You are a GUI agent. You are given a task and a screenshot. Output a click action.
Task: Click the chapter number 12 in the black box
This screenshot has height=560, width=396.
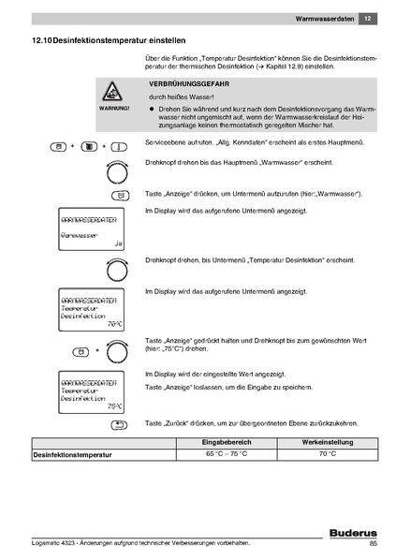(x=368, y=18)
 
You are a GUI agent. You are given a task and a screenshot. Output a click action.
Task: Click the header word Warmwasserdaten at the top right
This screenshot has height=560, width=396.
(x=323, y=18)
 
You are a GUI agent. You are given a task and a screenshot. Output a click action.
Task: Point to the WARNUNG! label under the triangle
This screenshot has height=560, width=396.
(x=113, y=110)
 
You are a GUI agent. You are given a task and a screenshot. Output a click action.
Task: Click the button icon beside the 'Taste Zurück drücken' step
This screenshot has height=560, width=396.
(x=119, y=424)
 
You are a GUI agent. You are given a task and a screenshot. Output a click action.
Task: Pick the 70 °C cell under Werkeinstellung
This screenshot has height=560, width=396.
(x=326, y=453)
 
